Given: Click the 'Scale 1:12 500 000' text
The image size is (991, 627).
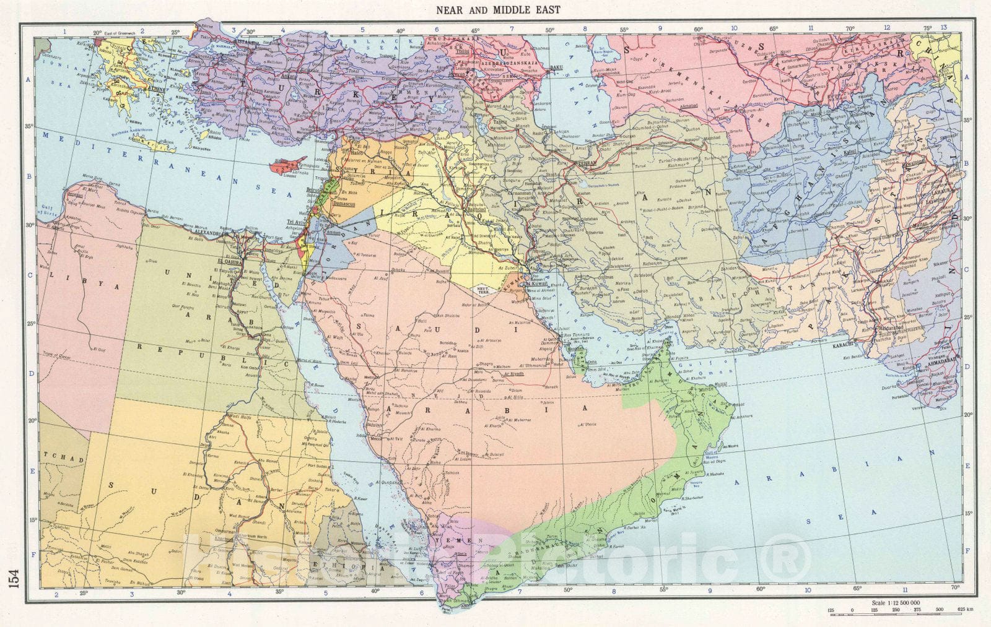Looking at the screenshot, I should pyautogui.click(x=895, y=602).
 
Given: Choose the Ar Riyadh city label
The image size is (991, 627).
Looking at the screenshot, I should pyautogui.click(x=513, y=373).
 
